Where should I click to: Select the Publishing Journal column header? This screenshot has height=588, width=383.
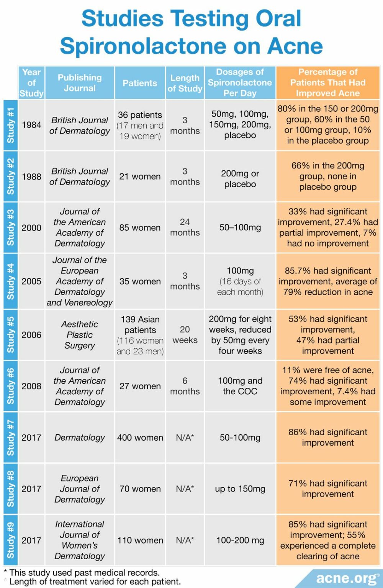point(80,83)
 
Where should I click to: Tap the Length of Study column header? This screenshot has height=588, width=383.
point(185,83)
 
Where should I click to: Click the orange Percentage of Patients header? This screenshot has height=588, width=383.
point(328,83)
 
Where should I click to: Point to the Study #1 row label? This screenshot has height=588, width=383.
point(10,125)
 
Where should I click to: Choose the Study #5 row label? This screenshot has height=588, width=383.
point(10,335)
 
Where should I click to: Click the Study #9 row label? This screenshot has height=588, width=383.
point(10,540)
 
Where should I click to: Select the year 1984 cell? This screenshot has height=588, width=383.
point(31,125)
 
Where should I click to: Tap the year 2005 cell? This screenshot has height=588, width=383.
point(31,281)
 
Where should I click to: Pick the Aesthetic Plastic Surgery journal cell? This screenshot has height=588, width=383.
point(80,335)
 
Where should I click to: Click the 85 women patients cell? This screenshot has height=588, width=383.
point(140,228)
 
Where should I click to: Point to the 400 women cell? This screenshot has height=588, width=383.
point(140,438)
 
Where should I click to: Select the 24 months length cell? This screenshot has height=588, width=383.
point(185,227)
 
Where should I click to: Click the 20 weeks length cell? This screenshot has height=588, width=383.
point(185,335)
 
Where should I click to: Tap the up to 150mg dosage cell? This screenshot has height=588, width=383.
point(240,489)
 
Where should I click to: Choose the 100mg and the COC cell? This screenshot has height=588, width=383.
point(240,386)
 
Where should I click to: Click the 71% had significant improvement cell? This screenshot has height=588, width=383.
point(328,489)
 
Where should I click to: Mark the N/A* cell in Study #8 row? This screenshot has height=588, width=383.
point(185,489)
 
